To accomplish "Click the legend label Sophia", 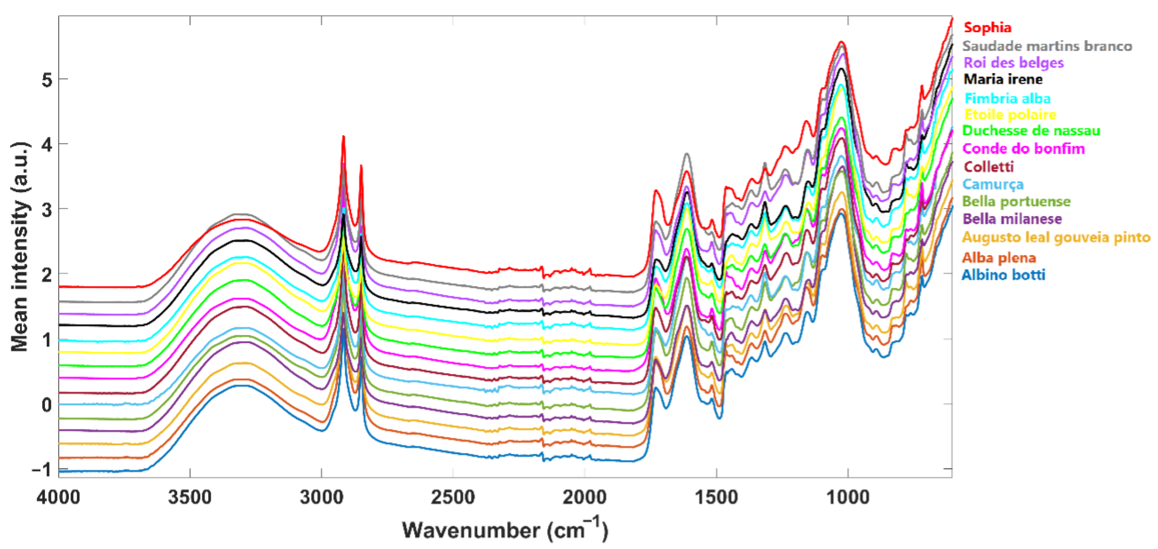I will (x=987, y=27).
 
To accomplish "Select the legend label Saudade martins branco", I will (x=1047, y=46).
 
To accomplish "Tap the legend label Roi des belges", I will (x=1013, y=62).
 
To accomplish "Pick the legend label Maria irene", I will (x=1003, y=79).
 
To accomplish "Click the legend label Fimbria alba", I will (x=1007, y=98).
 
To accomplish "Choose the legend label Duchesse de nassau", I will (x=1031, y=131).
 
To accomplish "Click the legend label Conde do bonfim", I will (x=1024, y=148).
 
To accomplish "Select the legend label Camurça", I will (x=993, y=184).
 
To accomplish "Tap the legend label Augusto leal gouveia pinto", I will (x=1056, y=237).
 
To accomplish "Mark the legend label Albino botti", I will (x=1003, y=275).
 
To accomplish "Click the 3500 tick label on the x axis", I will (x=190, y=497).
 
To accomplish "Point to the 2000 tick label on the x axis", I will (x=584, y=497).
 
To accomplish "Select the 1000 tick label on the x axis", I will (x=848, y=497).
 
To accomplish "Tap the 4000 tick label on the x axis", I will (x=59, y=497).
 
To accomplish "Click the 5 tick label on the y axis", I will (x=47, y=80).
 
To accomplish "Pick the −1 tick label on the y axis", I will (x=41, y=470).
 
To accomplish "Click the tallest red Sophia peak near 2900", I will (x=344, y=137).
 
